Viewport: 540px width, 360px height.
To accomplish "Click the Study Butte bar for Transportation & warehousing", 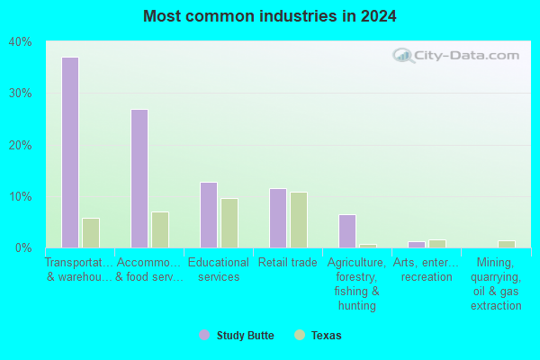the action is pos(70,152).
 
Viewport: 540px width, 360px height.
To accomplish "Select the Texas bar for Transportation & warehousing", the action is pos(91,233).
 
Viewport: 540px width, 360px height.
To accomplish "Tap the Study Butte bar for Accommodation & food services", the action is pos(139,178).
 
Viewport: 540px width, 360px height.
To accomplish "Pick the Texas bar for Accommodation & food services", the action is pos(160,229).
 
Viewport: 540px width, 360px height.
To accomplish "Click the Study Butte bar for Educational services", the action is pos(209,215).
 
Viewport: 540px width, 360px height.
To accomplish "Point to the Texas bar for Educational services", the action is pos(229,223).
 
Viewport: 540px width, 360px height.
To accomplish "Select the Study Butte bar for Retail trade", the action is pos(278,218).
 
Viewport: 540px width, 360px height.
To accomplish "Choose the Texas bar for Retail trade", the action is pos(299,220).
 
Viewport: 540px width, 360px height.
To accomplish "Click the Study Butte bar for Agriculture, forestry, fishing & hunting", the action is pos(347,231).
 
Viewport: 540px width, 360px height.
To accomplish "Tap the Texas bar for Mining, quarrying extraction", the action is pos(507,244).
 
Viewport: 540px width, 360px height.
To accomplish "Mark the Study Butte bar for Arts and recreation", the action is pos(417,245).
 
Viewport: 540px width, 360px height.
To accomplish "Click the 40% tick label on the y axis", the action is pos(21,42).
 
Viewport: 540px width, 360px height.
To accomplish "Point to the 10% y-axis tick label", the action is pos(21,197).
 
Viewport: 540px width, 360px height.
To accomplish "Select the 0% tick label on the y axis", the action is pos(23,247).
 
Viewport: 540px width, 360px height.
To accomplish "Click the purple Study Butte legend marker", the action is pos(204,335).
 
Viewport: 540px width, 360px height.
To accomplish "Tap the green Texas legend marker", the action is pos(300,335).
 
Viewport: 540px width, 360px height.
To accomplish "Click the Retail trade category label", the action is pos(288,263).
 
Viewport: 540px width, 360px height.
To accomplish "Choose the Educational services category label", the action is pos(219,269).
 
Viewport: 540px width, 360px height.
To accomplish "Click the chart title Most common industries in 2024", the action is pos(270,16).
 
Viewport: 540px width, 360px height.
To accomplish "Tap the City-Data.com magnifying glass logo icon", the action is pos(403,56).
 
